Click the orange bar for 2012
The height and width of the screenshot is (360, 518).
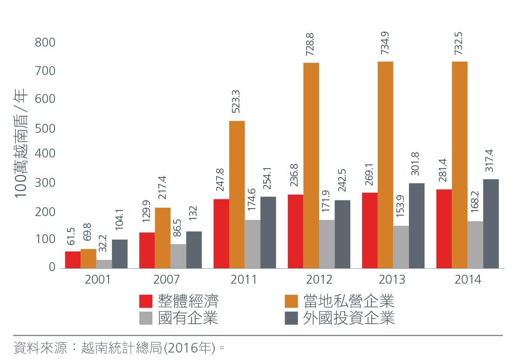(311, 165)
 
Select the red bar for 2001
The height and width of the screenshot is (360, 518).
(73, 260)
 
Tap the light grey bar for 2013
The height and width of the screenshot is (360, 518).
(401, 247)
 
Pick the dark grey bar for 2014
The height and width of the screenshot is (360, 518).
(491, 224)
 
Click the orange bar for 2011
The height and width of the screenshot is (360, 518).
(237, 195)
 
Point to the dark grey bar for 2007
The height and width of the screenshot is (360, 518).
(194, 250)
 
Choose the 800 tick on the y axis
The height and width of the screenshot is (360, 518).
(45, 43)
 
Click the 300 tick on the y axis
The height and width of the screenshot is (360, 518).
(45, 183)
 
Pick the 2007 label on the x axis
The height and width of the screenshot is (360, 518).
(170, 280)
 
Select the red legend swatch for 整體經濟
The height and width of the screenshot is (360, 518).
(146, 301)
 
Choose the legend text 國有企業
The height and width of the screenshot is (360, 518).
(188, 318)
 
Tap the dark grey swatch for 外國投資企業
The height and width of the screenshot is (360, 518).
(291, 318)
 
